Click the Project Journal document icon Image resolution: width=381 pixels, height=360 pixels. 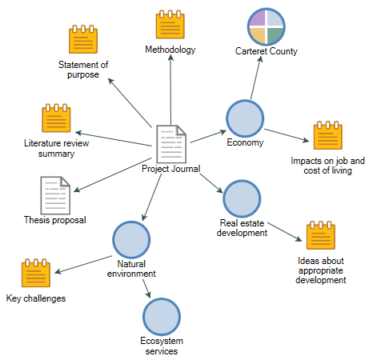point(171,144)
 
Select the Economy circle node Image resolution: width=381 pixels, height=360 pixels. point(245,118)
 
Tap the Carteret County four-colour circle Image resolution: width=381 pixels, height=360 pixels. point(266,26)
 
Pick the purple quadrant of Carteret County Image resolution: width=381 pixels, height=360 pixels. point(258,18)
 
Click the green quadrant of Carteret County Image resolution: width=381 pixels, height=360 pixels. point(275,35)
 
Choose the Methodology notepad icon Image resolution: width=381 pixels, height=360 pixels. point(170,25)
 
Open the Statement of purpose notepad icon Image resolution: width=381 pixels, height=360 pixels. point(83,39)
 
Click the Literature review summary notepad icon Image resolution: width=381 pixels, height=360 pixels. point(56,118)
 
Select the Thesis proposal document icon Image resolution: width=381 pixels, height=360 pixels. point(55,195)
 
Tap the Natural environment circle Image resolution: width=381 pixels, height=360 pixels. point(131,240)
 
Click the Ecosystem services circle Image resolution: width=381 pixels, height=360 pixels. point(162,317)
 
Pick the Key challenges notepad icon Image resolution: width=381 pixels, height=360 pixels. point(36,273)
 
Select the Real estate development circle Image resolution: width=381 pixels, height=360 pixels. point(242,198)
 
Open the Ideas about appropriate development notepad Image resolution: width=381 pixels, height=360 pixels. point(321,235)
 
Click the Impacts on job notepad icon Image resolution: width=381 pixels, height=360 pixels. point(328,135)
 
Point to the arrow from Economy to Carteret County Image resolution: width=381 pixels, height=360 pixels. point(256,78)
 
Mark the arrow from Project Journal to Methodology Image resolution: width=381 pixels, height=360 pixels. point(170,90)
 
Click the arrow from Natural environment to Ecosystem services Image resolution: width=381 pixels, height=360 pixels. point(146,289)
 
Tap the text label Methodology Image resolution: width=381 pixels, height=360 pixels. point(170,50)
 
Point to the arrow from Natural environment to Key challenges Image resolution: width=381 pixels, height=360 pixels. point(83,265)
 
